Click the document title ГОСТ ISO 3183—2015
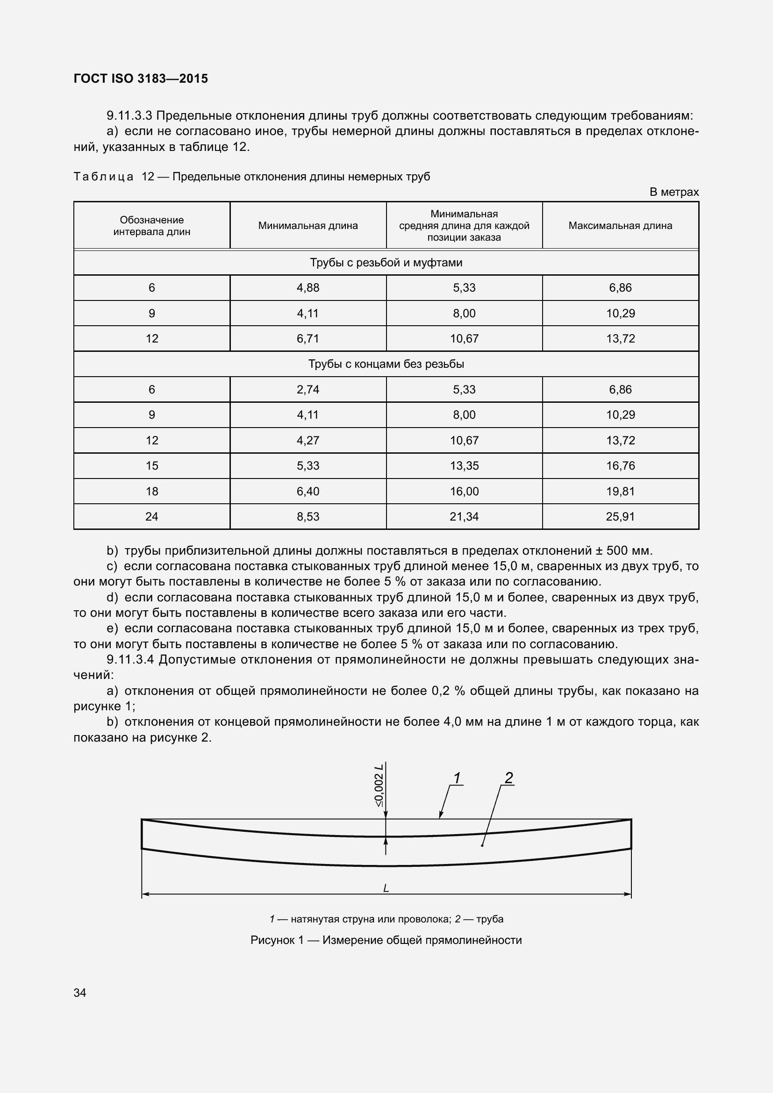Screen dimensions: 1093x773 coord(141,79)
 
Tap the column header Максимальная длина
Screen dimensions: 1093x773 coord(620,226)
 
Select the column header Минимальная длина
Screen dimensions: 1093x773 coord(308,226)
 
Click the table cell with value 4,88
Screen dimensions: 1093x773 coord(308,287)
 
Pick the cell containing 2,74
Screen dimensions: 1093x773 coord(308,389)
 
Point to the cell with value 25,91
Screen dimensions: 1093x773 coord(620,516)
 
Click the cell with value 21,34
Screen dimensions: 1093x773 coord(464,516)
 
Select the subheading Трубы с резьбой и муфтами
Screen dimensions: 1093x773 coord(386,262)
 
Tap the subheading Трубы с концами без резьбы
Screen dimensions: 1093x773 coord(386,364)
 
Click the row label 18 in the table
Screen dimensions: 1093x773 coord(152,491)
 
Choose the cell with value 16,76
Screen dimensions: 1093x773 coord(620,465)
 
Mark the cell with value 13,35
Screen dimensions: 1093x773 coord(464,465)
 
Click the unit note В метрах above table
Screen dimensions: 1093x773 coord(674,192)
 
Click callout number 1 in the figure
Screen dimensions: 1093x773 coord(457,779)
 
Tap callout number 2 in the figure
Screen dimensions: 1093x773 coord(509,778)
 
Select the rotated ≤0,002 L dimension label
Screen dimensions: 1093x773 coord(379,786)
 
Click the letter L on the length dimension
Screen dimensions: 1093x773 coord(386,888)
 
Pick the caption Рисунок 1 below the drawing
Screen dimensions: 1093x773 coord(386,940)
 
